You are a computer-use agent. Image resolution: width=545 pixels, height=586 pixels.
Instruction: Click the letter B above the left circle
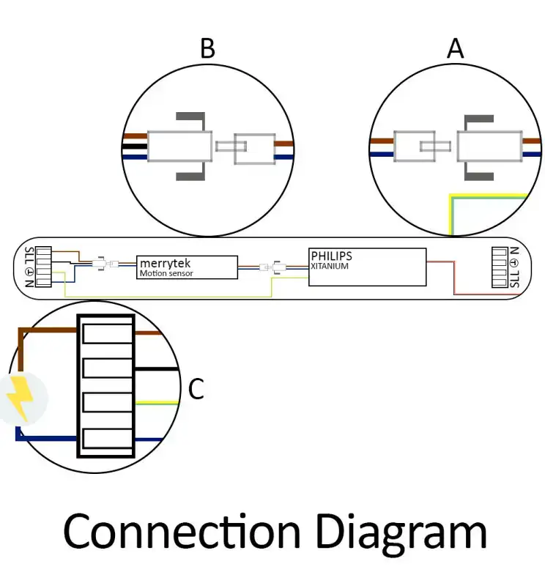207,48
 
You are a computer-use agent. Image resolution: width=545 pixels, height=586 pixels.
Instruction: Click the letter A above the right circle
456,48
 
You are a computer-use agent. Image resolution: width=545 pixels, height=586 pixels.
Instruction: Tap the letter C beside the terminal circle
196,390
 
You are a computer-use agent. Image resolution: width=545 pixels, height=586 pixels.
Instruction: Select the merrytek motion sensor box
188,267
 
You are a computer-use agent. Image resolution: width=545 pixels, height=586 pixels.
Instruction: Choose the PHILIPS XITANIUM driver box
367,267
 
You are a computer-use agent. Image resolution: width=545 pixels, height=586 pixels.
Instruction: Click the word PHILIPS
331,256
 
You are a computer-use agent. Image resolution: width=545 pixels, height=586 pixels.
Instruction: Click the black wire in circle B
135,146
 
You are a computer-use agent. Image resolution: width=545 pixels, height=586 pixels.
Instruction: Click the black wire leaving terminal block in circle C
157,368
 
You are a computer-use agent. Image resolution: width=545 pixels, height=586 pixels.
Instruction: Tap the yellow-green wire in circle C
157,402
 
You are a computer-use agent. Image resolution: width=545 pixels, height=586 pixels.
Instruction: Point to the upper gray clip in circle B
191,117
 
